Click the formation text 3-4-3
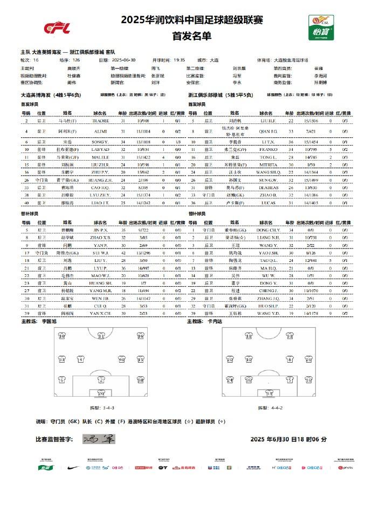click(x=101, y=407)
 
